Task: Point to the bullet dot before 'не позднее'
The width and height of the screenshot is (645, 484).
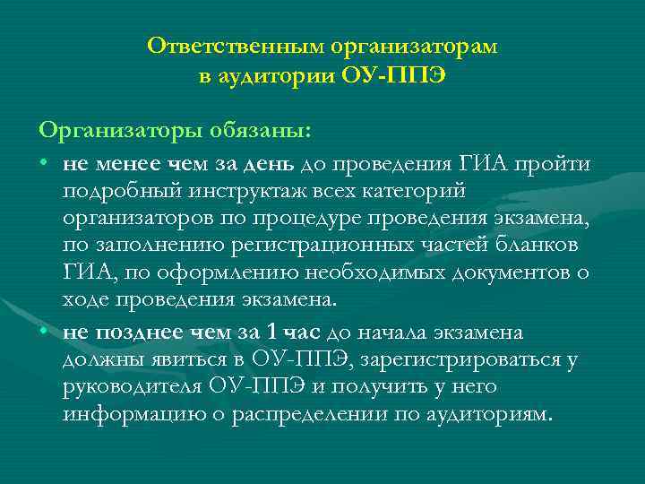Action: coord(44,333)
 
